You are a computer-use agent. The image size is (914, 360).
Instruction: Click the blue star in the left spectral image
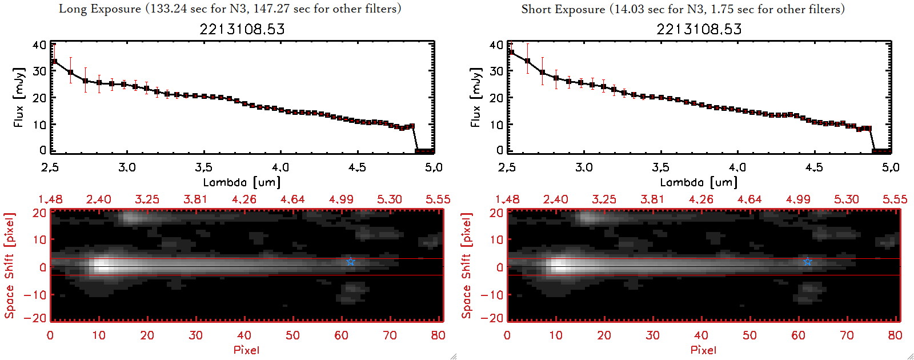point(351,262)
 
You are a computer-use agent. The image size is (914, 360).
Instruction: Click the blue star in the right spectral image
point(808,262)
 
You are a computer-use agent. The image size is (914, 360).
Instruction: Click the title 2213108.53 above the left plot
point(242,29)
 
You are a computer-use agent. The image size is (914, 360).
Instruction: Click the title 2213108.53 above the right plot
point(699,29)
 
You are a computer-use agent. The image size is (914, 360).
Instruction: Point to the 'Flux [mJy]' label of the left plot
point(19,97)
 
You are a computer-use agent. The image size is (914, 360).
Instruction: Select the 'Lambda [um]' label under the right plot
point(699,182)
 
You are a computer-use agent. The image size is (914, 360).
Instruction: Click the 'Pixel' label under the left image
point(246,350)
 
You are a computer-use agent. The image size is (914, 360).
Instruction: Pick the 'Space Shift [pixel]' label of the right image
point(467,266)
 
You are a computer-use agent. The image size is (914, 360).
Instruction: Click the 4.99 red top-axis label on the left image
point(341,199)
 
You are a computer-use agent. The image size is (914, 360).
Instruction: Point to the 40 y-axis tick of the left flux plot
point(39,45)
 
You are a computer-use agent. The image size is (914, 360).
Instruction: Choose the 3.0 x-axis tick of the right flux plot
point(584,167)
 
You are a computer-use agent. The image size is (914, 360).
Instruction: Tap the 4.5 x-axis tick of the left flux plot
point(357,167)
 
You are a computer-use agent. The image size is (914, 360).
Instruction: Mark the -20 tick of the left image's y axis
point(35,318)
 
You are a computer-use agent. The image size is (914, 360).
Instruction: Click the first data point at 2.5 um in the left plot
point(54,62)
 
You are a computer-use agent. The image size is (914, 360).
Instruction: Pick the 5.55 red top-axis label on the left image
point(438,199)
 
